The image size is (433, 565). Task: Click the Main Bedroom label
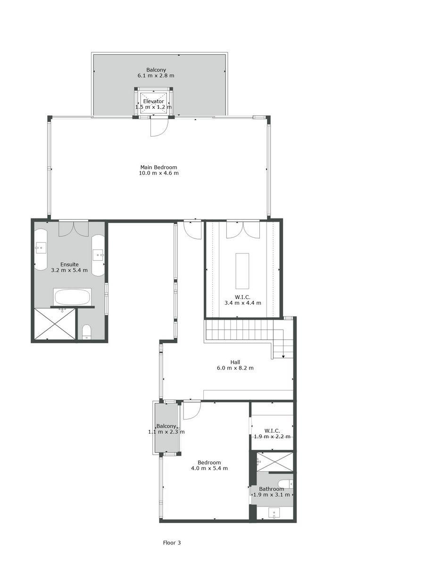pyautogui.click(x=158, y=167)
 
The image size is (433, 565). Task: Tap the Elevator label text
pyautogui.click(x=154, y=101)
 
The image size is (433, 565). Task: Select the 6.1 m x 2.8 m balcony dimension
pyautogui.click(x=156, y=75)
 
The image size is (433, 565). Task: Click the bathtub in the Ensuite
pyautogui.click(x=72, y=297)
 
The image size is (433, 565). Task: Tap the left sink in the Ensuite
pyautogui.click(x=41, y=248)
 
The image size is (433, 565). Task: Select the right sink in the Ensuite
pyautogui.click(x=98, y=254)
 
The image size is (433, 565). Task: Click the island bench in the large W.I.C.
pyautogui.click(x=242, y=271)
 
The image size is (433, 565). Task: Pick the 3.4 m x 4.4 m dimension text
pyautogui.click(x=242, y=303)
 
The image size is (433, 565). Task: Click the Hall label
pyautogui.click(x=235, y=362)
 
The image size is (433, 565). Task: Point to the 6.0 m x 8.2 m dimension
pyautogui.click(x=235, y=368)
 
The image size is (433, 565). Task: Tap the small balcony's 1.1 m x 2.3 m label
pyautogui.click(x=167, y=432)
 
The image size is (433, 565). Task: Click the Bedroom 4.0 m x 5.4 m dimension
pyautogui.click(x=209, y=468)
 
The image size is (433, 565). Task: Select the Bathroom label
pyautogui.click(x=271, y=489)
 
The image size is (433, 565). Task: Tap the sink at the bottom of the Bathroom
pyautogui.click(x=274, y=513)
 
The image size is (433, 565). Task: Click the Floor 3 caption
pyautogui.click(x=172, y=542)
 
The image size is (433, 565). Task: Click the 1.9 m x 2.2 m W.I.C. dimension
pyautogui.click(x=272, y=436)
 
